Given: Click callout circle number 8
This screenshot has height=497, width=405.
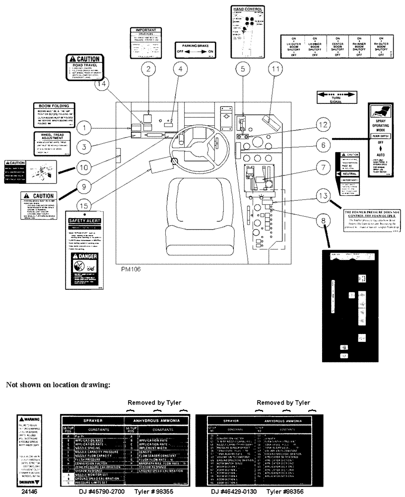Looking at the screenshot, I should (324, 220).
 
